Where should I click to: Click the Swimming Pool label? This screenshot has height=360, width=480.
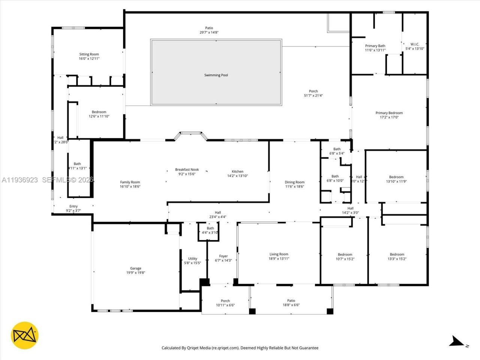[216, 75]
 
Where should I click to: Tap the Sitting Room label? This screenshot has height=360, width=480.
[89, 54]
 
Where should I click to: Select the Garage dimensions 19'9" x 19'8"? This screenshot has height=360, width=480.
[136, 273]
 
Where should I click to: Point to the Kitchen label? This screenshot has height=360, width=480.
[237, 171]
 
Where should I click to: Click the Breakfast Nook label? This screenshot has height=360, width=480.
[187, 169]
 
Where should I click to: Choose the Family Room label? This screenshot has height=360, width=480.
[130, 182]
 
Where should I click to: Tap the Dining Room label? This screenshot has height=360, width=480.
[294, 182]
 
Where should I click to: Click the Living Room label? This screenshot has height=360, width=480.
[279, 254]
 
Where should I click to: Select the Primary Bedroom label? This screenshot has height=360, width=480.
[389, 113]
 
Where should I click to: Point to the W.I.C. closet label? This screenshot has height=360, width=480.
[415, 44]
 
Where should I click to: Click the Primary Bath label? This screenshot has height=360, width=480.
[375, 46]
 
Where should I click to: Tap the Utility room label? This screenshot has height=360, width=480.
[192, 259]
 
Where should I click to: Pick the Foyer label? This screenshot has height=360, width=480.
[223, 256]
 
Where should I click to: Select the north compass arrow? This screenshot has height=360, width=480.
[457, 341]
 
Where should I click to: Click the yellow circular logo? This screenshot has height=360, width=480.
[25, 335]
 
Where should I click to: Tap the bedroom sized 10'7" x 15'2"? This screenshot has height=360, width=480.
[345, 256]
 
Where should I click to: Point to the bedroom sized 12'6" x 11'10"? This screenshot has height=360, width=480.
[99, 114]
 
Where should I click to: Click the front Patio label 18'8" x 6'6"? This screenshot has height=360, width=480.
[291, 303]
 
